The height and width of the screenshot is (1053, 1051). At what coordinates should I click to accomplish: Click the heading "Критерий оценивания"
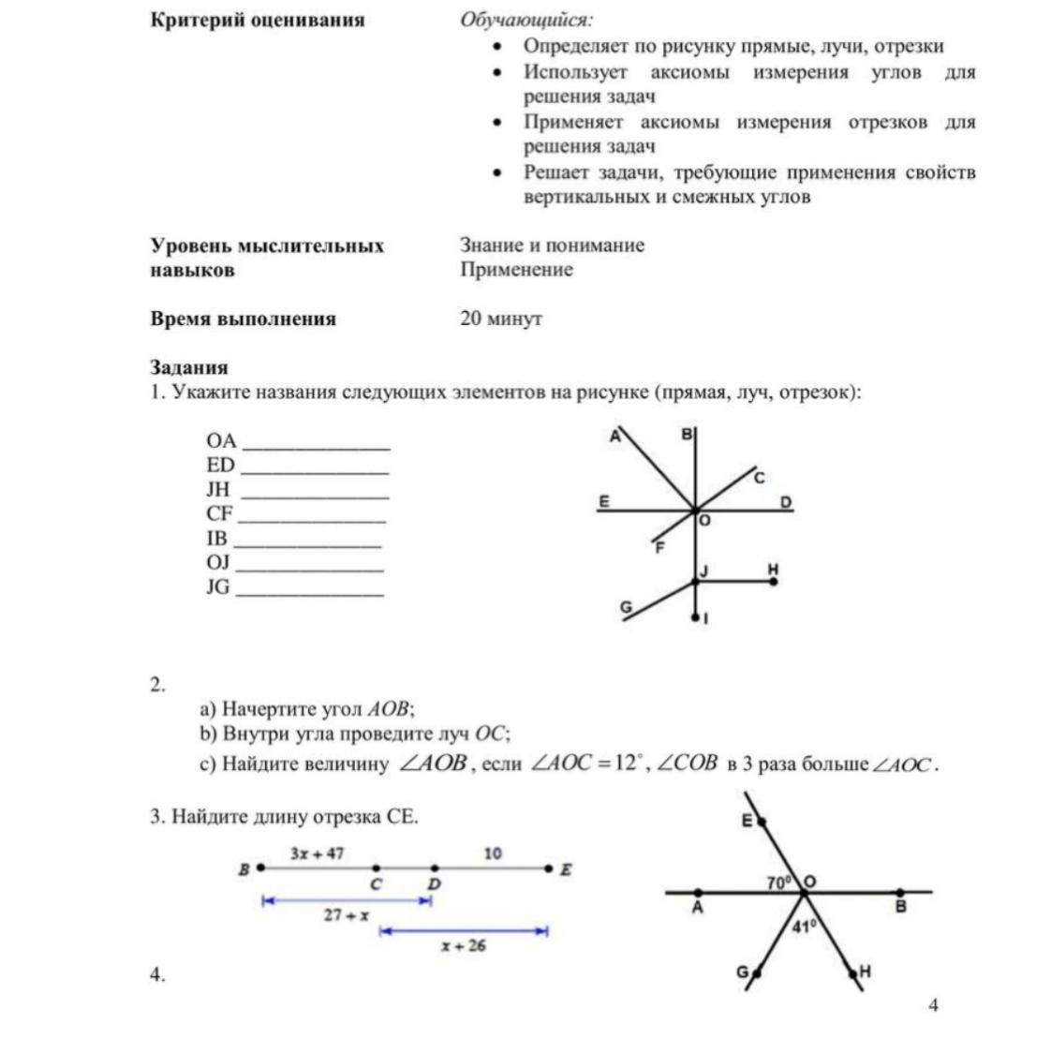tap(258, 21)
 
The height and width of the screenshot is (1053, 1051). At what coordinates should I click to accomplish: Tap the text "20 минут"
tap(501, 319)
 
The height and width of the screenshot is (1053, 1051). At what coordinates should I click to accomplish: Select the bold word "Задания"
tap(189, 367)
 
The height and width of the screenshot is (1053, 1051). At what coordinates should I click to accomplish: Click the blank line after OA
tap(316, 448)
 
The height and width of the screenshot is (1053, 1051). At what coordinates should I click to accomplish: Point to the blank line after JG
tap(309, 594)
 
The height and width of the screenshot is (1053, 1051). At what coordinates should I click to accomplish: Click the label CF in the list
tap(220, 513)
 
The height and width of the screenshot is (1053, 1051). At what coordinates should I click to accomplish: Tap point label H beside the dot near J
tap(773, 569)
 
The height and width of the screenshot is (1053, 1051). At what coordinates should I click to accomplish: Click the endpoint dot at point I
tap(695, 617)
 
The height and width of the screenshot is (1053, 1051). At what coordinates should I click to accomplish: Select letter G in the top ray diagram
tap(627, 607)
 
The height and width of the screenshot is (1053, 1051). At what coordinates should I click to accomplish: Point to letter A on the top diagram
tap(615, 436)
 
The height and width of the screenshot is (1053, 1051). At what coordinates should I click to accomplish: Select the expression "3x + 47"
tap(317, 853)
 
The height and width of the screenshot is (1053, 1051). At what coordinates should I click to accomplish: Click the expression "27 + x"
tap(346, 915)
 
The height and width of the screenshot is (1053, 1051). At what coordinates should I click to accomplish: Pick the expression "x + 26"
tap(464, 945)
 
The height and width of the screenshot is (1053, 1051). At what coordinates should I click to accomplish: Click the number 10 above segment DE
tap(493, 853)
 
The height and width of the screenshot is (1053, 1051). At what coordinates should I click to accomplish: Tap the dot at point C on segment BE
tap(376, 868)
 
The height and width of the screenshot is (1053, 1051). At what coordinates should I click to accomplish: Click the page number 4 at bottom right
tap(933, 1005)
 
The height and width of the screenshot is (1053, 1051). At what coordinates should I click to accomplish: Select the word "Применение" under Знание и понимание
tap(516, 270)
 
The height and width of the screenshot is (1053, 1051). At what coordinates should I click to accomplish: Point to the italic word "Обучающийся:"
tap(525, 21)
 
